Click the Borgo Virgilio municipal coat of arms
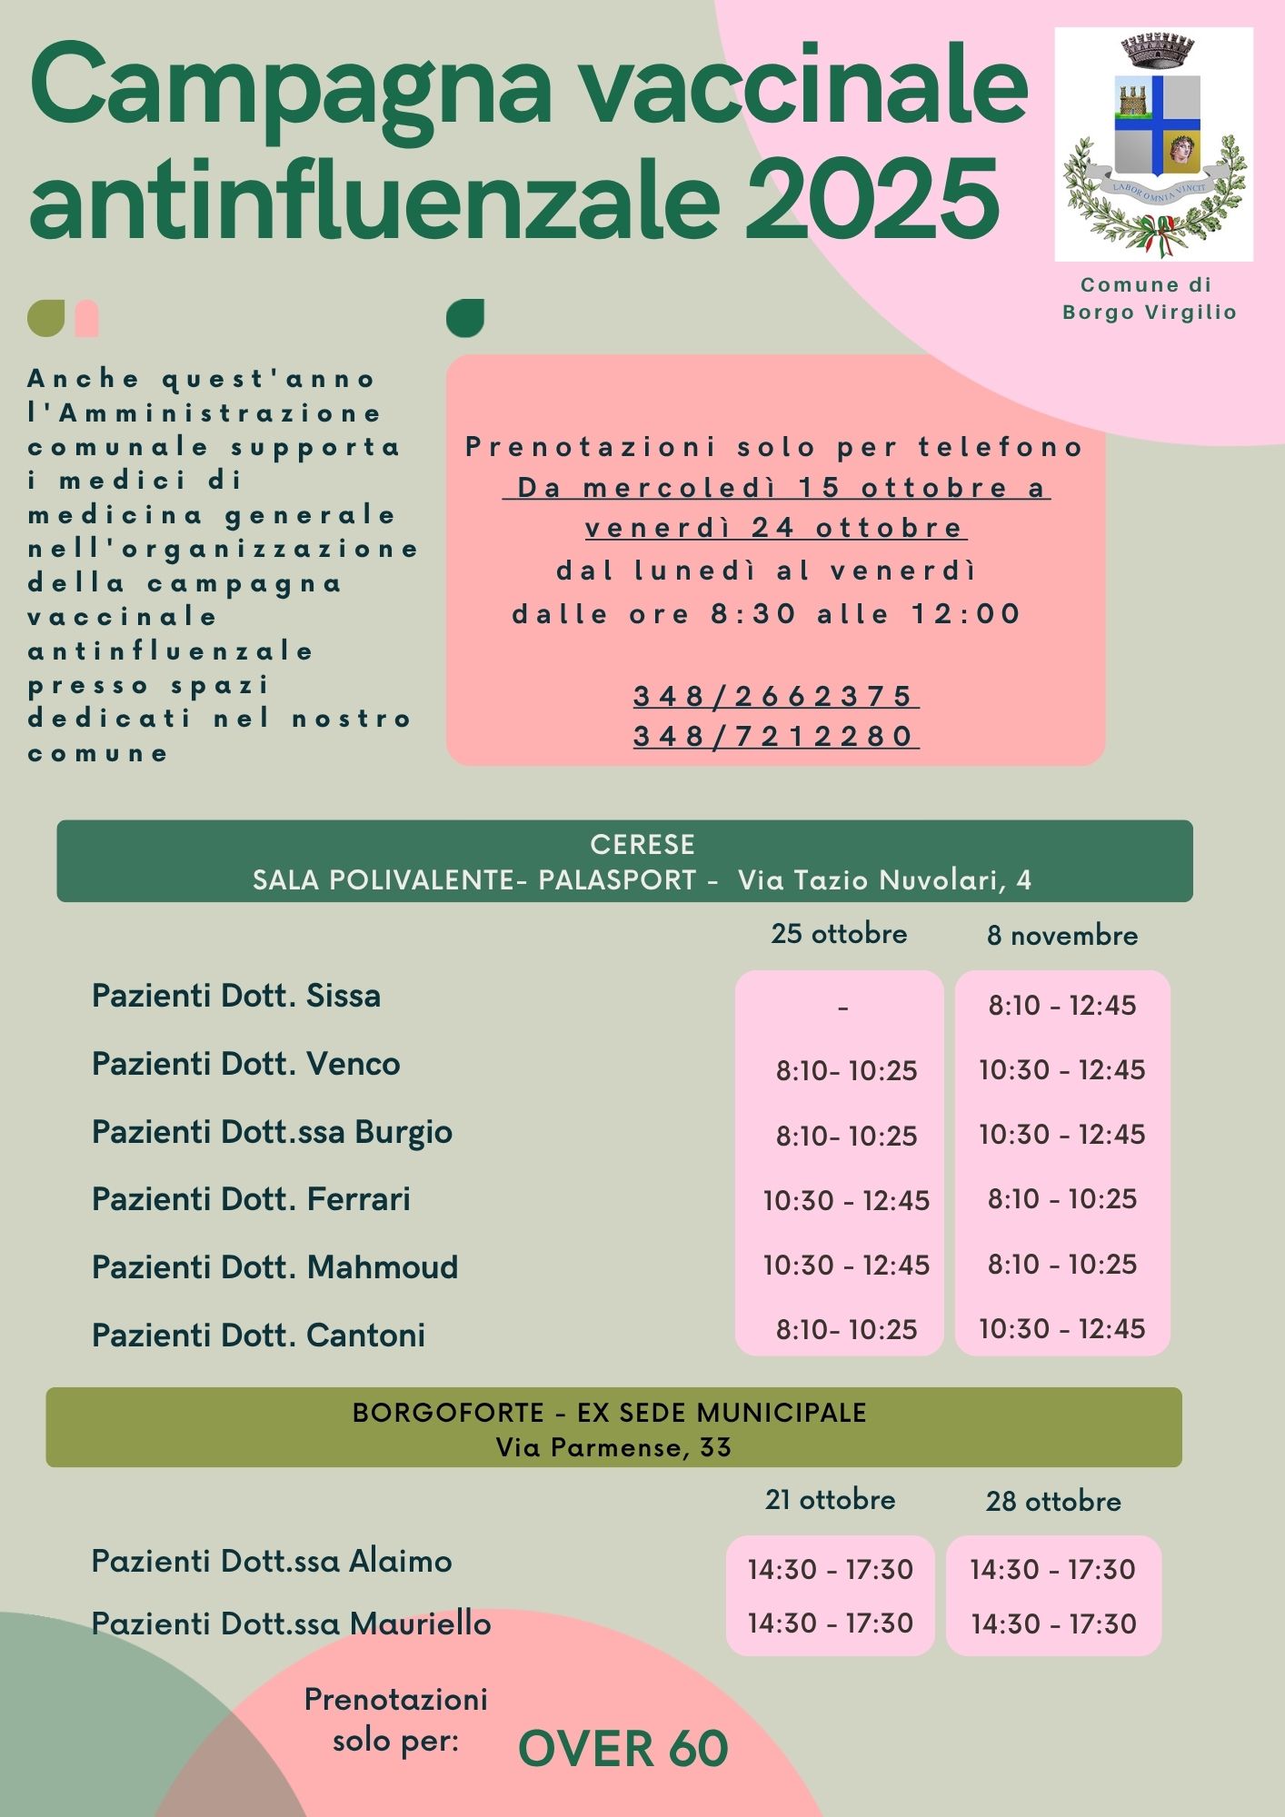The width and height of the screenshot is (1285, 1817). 1153,145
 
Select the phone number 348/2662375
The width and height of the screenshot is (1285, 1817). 774,697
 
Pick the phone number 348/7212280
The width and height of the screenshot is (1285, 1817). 774,736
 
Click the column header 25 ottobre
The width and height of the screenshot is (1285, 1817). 839,934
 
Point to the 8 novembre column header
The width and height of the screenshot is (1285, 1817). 1062,936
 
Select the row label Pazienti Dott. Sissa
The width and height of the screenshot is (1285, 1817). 236,996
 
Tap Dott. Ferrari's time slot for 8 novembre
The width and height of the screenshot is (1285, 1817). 1062,1199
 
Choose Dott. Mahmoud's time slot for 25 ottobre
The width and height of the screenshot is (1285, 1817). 846,1265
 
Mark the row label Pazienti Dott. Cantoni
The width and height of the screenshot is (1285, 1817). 258,1335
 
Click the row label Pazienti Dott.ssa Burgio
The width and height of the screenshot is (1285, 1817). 272,1132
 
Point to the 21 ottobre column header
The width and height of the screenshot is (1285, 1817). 830,1500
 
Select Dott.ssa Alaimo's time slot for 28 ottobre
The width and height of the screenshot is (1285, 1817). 1052,1570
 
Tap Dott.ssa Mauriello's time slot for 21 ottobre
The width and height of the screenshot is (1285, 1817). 830,1623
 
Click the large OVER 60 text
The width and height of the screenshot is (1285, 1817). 623,1749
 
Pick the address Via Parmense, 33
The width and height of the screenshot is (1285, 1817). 613,1447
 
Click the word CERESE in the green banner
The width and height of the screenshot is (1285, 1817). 642,845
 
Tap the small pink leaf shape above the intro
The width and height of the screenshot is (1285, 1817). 87,318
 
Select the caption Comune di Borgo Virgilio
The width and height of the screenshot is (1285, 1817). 1150,299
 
